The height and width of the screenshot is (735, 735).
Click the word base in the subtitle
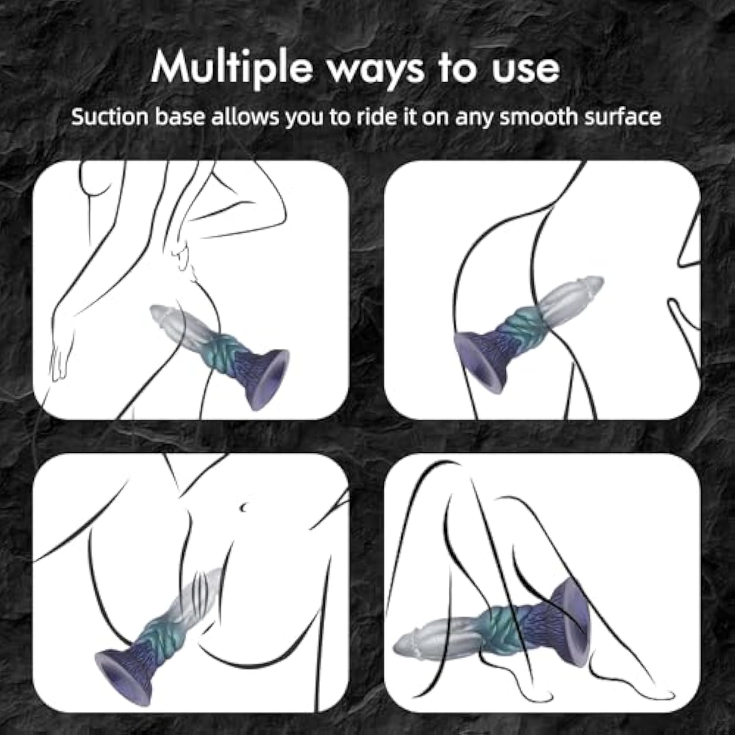(179, 117)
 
